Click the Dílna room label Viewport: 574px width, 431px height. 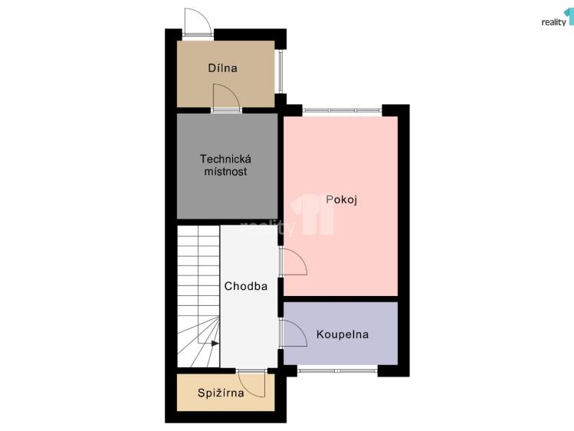222,68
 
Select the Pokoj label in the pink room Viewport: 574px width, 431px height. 342,200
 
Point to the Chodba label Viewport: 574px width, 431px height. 245,287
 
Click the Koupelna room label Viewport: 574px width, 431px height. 343,334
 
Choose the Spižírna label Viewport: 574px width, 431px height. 221,394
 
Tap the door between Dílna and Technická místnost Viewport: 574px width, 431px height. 226,98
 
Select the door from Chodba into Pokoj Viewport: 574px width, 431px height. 294,262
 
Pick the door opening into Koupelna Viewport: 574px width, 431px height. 294,333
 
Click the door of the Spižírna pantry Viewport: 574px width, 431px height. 252,383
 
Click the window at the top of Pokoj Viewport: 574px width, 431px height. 341,111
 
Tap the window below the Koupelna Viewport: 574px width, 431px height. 337,370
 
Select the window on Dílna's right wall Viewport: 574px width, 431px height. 280,71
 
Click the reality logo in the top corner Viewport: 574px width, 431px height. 557,19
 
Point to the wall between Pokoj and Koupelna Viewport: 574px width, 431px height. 341,298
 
